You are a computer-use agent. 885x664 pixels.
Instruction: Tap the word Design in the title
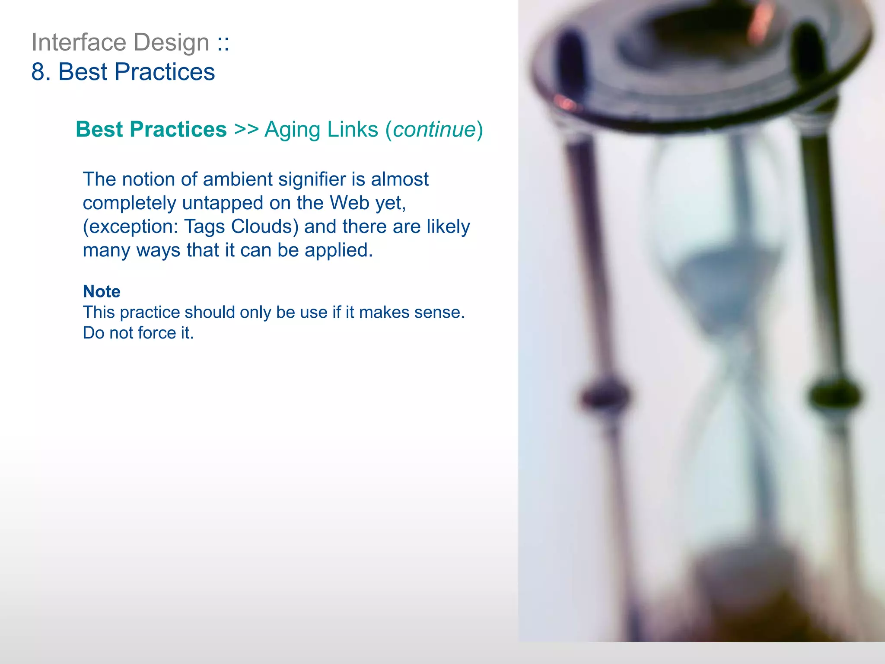click(x=171, y=42)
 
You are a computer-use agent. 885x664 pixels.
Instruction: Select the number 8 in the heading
click(x=38, y=72)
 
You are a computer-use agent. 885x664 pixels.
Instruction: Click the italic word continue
click(x=434, y=130)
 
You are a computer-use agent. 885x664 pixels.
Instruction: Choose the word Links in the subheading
click(x=352, y=130)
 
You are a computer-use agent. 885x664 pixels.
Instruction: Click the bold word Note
click(x=102, y=291)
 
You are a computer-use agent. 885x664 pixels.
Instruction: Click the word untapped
click(x=223, y=203)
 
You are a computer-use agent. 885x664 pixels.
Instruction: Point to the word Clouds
click(x=264, y=227)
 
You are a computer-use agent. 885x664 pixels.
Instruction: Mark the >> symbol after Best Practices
click(x=246, y=130)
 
